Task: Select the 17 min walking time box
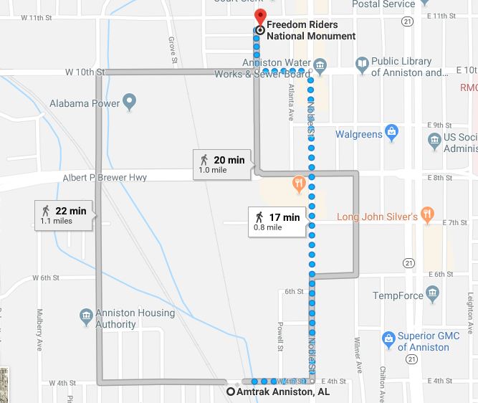[276, 222]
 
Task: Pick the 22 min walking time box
[63, 215]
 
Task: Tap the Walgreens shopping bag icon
[391, 133]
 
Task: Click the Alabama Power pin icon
[130, 103]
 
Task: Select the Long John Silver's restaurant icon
[427, 213]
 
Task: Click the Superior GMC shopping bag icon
[388, 337]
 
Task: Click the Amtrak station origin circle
[231, 392]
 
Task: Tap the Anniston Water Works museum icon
[320, 67]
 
